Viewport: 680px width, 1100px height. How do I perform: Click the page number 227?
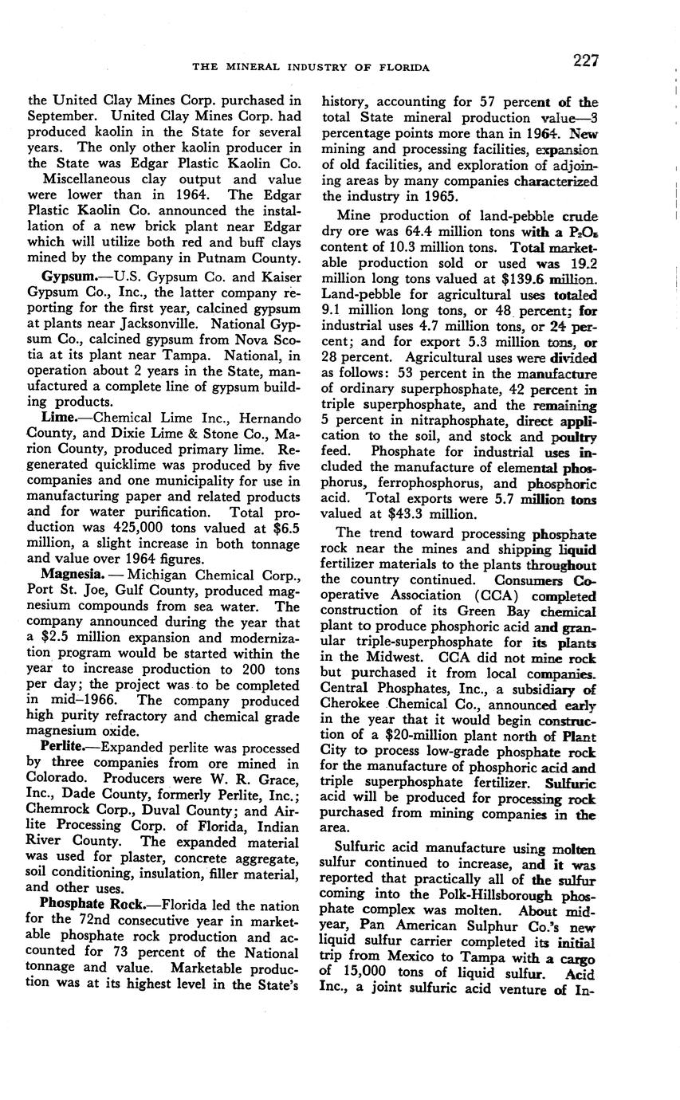(584, 61)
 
